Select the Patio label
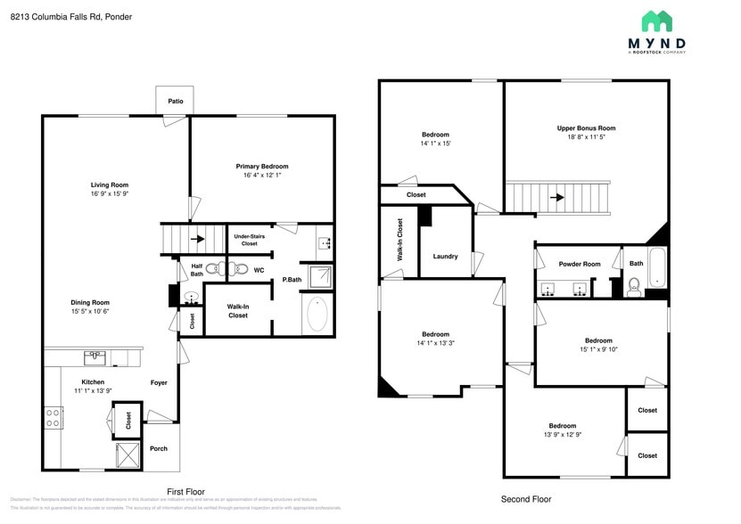[x=176, y=102]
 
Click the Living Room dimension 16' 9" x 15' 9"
[x=110, y=194]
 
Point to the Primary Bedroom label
[x=262, y=167]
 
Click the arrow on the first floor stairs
[x=196, y=239]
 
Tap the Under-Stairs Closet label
[x=245, y=239]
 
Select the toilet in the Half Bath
[x=215, y=268]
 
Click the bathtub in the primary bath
[x=317, y=315]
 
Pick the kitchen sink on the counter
[x=94, y=357]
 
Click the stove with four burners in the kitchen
[x=54, y=417]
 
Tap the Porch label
[x=158, y=448]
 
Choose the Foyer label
[x=159, y=383]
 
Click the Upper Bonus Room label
[x=586, y=128]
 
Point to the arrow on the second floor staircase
[x=558, y=198]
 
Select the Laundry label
[x=445, y=257]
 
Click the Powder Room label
[x=580, y=264]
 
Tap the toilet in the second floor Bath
[x=635, y=285]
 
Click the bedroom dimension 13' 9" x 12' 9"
[x=562, y=435]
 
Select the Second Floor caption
[x=526, y=500]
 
